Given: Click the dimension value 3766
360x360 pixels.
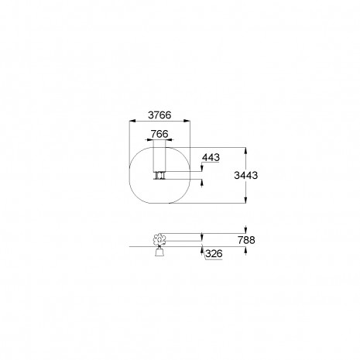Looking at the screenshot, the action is [x=159, y=115].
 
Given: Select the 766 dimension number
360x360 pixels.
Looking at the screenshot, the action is [x=159, y=134].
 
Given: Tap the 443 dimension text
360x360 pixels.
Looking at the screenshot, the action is [x=211, y=157].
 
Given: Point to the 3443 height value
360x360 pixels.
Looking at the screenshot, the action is [x=246, y=175].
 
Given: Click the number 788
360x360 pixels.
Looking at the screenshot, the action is [x=246, y=240].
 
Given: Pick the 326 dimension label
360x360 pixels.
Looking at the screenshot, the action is [x=214, y=254].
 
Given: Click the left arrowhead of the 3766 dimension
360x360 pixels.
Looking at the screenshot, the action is [x=132, y=121].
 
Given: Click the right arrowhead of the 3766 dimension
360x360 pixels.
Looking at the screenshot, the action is [x=187, y=121].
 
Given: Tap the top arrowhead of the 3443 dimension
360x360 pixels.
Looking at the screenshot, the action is [x=245, y=151].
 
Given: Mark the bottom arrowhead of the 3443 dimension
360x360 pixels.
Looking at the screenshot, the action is [x=245, y=200].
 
